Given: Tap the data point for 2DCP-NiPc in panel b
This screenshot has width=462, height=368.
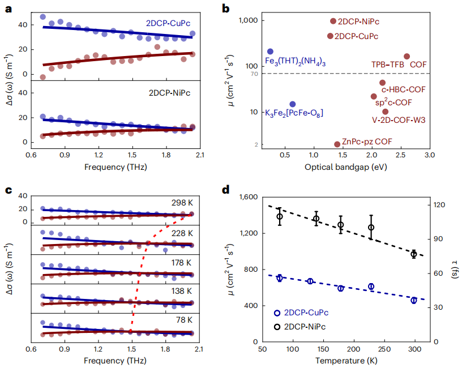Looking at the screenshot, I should pos(333,21).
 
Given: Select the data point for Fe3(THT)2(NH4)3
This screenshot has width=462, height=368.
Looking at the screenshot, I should pos(270,52).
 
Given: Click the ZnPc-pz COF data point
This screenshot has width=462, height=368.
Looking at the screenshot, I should pos(337,144).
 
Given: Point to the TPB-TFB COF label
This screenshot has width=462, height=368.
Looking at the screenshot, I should pos(399,65).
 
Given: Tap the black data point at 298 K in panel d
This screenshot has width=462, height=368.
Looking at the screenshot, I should pos(414,254).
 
